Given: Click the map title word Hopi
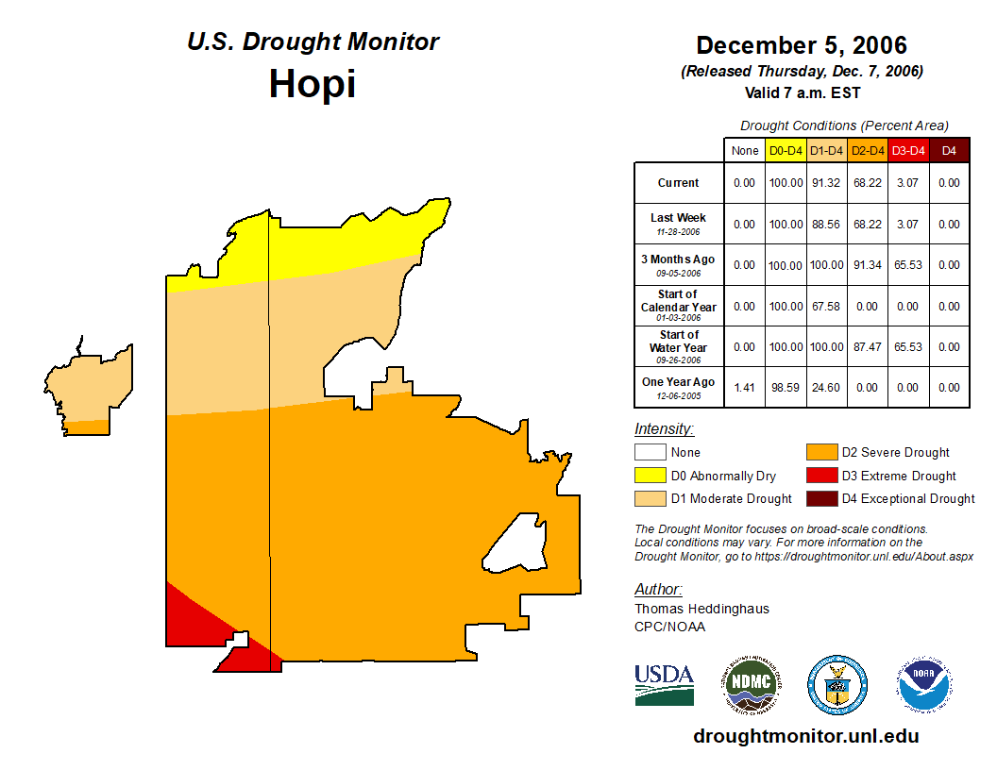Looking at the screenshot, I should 312,84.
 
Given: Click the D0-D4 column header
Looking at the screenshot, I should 786,150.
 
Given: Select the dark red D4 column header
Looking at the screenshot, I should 949,150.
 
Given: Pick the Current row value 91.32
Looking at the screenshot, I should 826,183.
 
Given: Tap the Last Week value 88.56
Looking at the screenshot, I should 826,225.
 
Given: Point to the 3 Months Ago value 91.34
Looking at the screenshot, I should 867,265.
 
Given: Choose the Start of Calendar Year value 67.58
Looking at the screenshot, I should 826,307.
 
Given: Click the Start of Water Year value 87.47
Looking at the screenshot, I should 867,347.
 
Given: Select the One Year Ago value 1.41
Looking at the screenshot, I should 744,387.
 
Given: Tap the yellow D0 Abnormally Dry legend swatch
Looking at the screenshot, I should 649,476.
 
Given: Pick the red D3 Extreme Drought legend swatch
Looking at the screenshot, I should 820,476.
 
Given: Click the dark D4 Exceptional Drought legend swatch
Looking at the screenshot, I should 820,498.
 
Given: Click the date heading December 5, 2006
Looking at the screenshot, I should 802,45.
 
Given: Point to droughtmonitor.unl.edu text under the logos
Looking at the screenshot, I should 806,736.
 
